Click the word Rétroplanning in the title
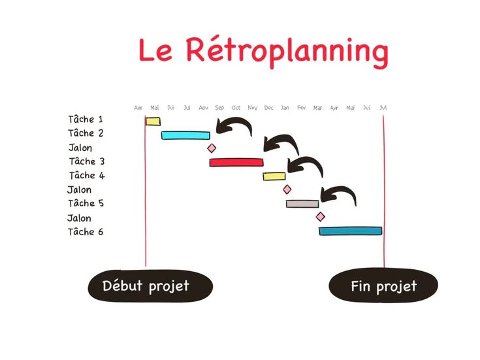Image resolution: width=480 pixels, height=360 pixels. click(287, 51)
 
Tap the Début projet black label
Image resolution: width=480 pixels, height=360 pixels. click(150, 286)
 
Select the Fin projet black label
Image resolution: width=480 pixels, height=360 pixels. click(383, 286)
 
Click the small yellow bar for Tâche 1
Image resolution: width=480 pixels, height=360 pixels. click(153, 122)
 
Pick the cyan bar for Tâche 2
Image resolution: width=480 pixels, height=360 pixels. click(186, 135)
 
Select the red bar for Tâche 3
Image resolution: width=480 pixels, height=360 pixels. click(236, 162)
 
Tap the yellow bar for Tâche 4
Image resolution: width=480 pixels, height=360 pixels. click(274, 176)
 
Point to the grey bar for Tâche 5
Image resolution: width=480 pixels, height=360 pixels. click(302, 204)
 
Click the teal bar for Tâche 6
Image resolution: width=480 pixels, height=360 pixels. click(350, 231)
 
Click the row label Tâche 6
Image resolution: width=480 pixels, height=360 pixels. click(86, 231)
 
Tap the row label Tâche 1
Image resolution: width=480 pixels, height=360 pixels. click(86, 120)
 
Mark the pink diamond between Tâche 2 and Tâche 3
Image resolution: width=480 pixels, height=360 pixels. click(211, 149)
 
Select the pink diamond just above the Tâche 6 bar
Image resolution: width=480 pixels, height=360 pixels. click(320, 217)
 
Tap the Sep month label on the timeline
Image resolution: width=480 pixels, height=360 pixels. click(219, 108)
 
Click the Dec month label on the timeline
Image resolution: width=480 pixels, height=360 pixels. click(268, 108)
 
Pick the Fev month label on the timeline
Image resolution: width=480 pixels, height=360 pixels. click(301, 108)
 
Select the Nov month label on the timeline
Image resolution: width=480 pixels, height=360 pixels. click(253, 108)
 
